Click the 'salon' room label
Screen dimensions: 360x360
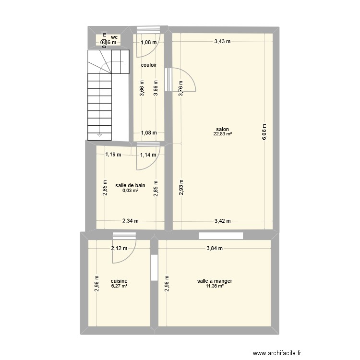point(222,129)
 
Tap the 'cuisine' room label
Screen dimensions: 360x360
point(119,281)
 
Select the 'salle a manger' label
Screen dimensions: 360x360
point(215,281)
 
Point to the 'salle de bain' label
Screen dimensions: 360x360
point(130,185)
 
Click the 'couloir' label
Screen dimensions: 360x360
point(148,64)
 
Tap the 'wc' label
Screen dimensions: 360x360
point(114,37)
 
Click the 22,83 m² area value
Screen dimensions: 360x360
point(223,134)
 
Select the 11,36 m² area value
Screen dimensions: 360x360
point(215,286)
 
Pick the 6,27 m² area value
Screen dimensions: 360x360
point(119,286)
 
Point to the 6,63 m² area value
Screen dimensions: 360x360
point(130,191)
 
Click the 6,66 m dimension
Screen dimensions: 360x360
point(264,132)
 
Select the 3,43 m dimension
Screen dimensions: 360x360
point(222,41)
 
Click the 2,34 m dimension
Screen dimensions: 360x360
point(130,221)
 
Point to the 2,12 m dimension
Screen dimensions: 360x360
point(119,248)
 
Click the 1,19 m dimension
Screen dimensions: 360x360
point(113,155)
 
